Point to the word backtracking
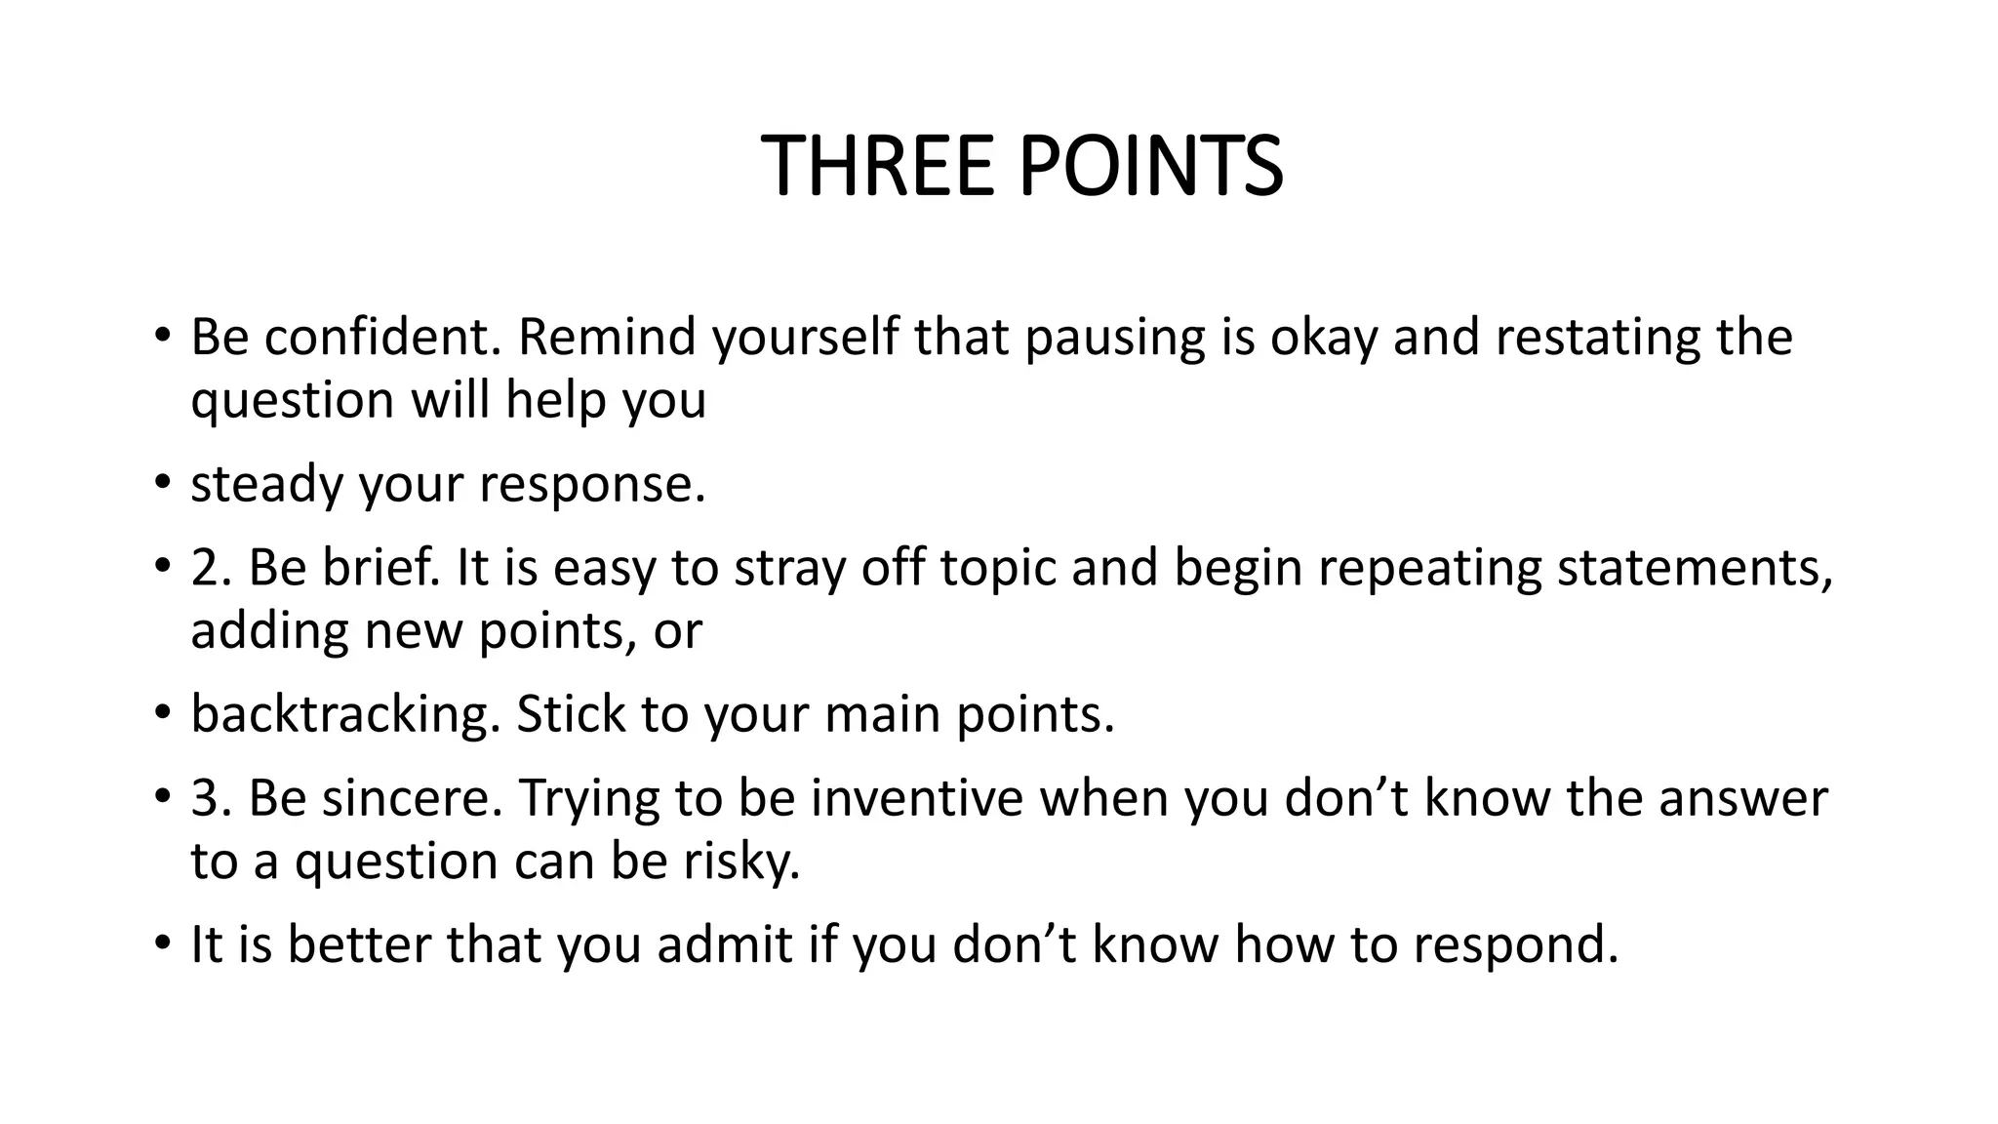pyautogui.click(x=344, y=715)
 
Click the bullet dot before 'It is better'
pyautogui.click(x=162, y=945)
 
